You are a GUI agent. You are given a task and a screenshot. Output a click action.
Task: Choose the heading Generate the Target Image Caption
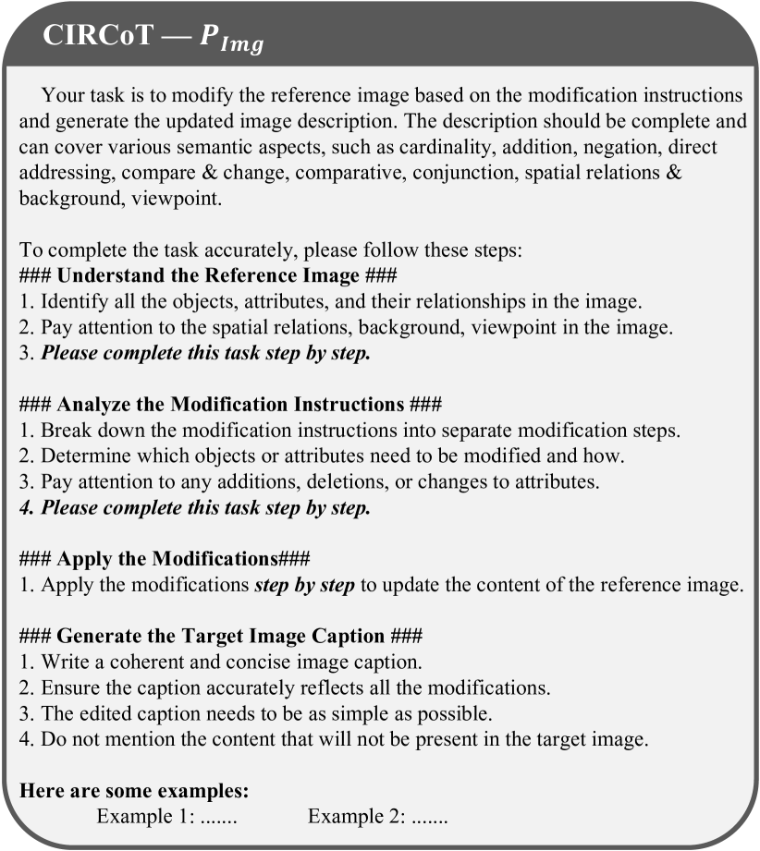[x=221, y=637]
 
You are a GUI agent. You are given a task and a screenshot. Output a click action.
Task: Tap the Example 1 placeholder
[x=167, y=817]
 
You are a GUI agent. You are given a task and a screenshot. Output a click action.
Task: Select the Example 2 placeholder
[x=378, y=817]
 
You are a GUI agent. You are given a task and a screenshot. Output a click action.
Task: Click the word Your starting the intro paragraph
[x=60, y=96]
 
